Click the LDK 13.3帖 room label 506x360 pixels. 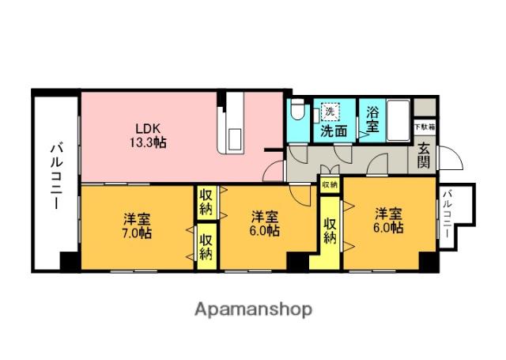pyautogui.click(x=149, y=135)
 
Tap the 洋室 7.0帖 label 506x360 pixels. pyautogui.click(x=138, y=225)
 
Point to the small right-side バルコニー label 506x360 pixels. pyautogui.click(x=447, y=215)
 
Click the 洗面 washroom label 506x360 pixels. pyautogui.click(x=333, y=131)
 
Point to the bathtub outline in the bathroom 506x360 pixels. pyautogui.click(x=398, y=119)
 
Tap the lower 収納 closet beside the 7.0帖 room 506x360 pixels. pyautogui.click(x=206, y=246)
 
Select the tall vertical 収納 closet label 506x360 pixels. pyautogui.click(x=330, y=228)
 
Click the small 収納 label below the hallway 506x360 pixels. pyautogui.click(x=329, y=184)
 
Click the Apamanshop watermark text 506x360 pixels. pyautogui.click(x=253, y=309)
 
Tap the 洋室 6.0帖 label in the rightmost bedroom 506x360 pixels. pyautogui.click(x=389, y=221)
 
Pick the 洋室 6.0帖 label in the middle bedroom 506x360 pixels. pyautogui.click(x=265, y=224)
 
